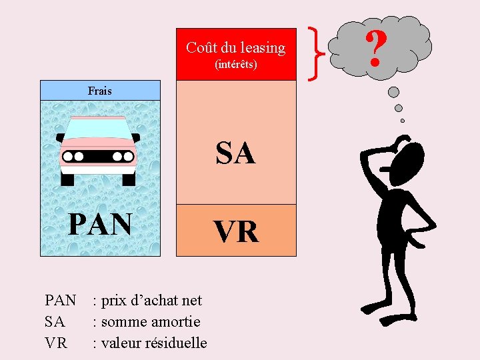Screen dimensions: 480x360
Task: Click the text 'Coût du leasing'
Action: pyautogui.click(x=235, y=48)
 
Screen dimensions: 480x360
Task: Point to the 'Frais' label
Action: pyautogui.click(x=100, y=91)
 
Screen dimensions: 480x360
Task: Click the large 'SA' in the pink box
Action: pyautogui.click(x=235, y=153)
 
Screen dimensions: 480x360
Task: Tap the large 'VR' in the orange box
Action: pyautogui.click(x=235, y=231)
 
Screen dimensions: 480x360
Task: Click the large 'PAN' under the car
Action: pyautogui.click(x=100, y=225)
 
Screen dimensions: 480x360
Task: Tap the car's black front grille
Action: pyautogui.click(x=99, y=157)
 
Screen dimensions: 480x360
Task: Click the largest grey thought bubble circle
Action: pyautogui.click(x=394, y=92)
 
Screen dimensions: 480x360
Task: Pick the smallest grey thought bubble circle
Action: pyautogui.click(x=403, y=121)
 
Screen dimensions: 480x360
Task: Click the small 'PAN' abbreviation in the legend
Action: pyautogui.click(x=60, y=301)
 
